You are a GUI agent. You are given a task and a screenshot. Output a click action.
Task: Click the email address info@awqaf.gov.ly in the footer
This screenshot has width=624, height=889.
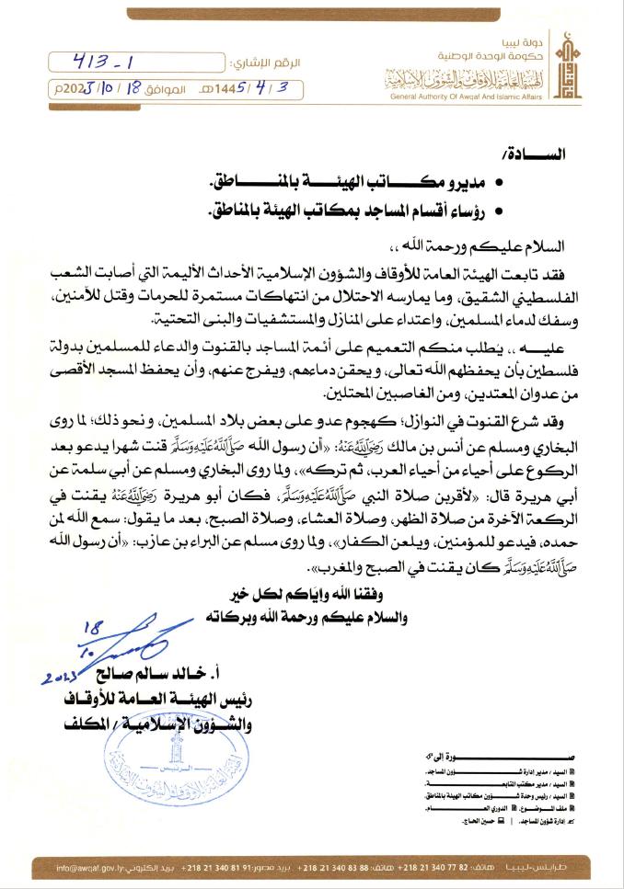tap(91, 867)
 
